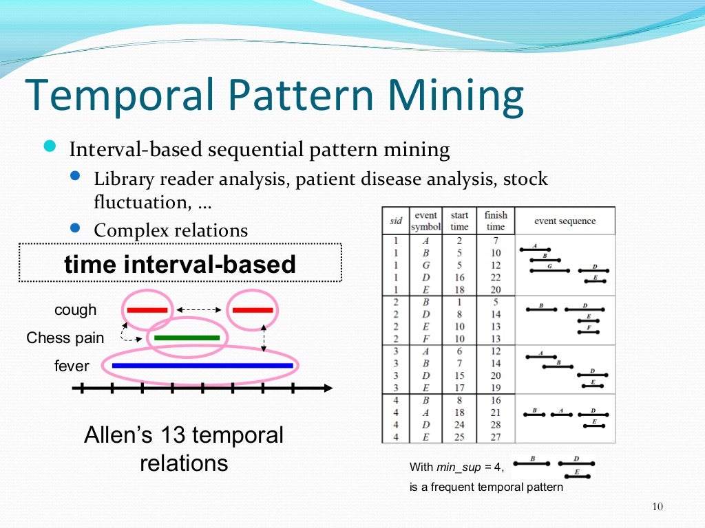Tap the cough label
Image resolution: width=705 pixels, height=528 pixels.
click(76, 310)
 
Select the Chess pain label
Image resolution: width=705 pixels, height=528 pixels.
click(65, 338)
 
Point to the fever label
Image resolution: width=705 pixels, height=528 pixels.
click(72, 366)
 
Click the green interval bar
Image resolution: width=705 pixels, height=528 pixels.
click(187, 338)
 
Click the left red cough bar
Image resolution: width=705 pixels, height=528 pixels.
click(147, 310)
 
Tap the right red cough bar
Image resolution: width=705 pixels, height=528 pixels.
click(253, 310)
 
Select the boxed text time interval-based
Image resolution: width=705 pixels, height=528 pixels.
click(180, 264)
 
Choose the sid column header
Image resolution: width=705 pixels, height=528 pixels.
click(396, 221)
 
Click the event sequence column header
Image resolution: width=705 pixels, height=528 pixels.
click(565, 221)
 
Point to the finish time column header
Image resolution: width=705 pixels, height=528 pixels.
click(496, 221)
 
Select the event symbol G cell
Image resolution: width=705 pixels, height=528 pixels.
click(425, 265)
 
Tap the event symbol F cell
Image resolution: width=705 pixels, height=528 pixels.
click(425, 339)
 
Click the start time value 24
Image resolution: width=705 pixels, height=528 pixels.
click(459, 425)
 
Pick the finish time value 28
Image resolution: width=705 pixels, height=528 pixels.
click(496, 425)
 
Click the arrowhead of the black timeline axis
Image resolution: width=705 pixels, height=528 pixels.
click(328, 388)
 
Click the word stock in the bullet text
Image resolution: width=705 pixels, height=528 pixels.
click(525, 179)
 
